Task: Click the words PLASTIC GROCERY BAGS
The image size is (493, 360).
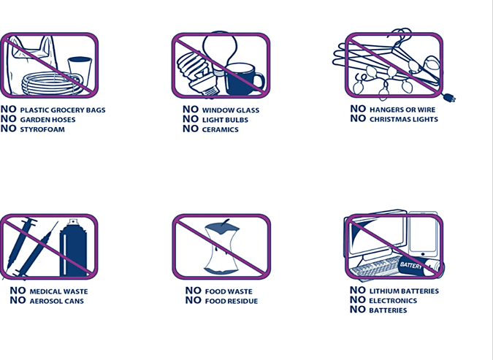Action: click(63, 110)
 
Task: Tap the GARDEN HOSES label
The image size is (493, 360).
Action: click(47, 120)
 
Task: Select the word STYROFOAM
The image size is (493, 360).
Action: click(42, 129)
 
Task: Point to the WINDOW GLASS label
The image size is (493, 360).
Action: click(231, 110)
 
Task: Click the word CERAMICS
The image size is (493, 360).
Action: click(221, 129)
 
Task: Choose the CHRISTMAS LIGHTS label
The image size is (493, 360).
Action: click(404, 120)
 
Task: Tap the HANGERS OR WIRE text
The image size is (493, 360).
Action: click(402, 110)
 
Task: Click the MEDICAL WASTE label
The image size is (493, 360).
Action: click(59, 292)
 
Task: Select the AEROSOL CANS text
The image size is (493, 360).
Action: click(56, 301)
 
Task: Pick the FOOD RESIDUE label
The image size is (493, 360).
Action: click(232, 301)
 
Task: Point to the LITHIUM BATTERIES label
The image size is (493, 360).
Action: click(404, 291)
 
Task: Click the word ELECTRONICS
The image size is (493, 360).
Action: click(393, 301)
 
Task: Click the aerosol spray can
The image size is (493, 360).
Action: click(73, 248)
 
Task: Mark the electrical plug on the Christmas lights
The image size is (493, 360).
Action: click(449, 98)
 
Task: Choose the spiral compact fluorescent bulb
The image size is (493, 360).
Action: click(197, 73)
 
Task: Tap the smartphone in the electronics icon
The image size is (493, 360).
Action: click(423, 234)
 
